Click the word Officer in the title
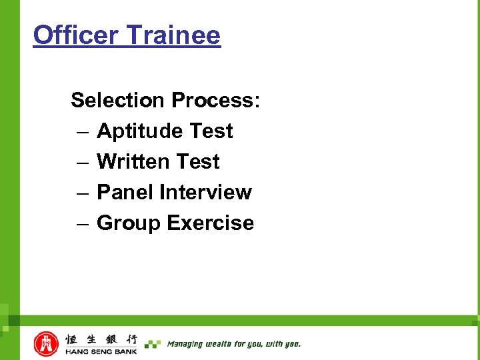[73, 35]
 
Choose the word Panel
[125, 192]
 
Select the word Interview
[205, 192]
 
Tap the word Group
[129, 223]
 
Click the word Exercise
[211, 223]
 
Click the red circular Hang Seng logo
[46, 344]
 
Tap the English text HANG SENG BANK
[101, 351]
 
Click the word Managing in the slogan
[185, 344]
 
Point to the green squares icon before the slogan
[153, 344]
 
